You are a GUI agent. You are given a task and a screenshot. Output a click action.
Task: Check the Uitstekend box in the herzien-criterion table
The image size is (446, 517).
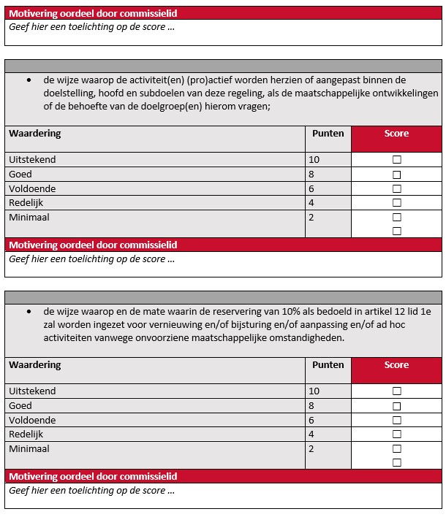click(x=397, y=160)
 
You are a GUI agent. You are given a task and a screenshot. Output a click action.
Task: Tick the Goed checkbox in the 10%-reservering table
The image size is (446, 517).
click(x=397, y=406)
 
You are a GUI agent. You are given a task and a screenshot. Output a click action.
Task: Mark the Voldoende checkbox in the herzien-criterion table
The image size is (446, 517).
click(x=397, y=189)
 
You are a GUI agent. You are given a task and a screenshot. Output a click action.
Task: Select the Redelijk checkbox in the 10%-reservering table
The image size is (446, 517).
click(x=397, y=434)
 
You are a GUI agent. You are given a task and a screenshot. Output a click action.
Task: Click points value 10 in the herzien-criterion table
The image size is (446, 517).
click(x=314, y=160)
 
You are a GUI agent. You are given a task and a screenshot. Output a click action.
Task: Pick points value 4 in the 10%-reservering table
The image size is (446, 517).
click(x=311, y=434)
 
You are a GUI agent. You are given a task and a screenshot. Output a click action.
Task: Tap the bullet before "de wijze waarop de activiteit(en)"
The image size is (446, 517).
click(x=28, y=80)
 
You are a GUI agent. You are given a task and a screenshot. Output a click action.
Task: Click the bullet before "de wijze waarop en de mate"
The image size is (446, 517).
click(x=28, y=310)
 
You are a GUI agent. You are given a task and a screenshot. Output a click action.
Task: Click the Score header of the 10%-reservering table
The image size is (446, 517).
click(x=397, y=365)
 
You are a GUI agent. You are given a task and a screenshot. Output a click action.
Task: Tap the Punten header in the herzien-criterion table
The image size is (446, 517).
click(x=328, y=134)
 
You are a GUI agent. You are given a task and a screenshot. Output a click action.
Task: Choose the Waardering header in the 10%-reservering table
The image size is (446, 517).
click(x=34, y=365)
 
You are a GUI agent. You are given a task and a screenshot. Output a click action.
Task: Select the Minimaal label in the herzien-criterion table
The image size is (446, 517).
click(x=29, y=218)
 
